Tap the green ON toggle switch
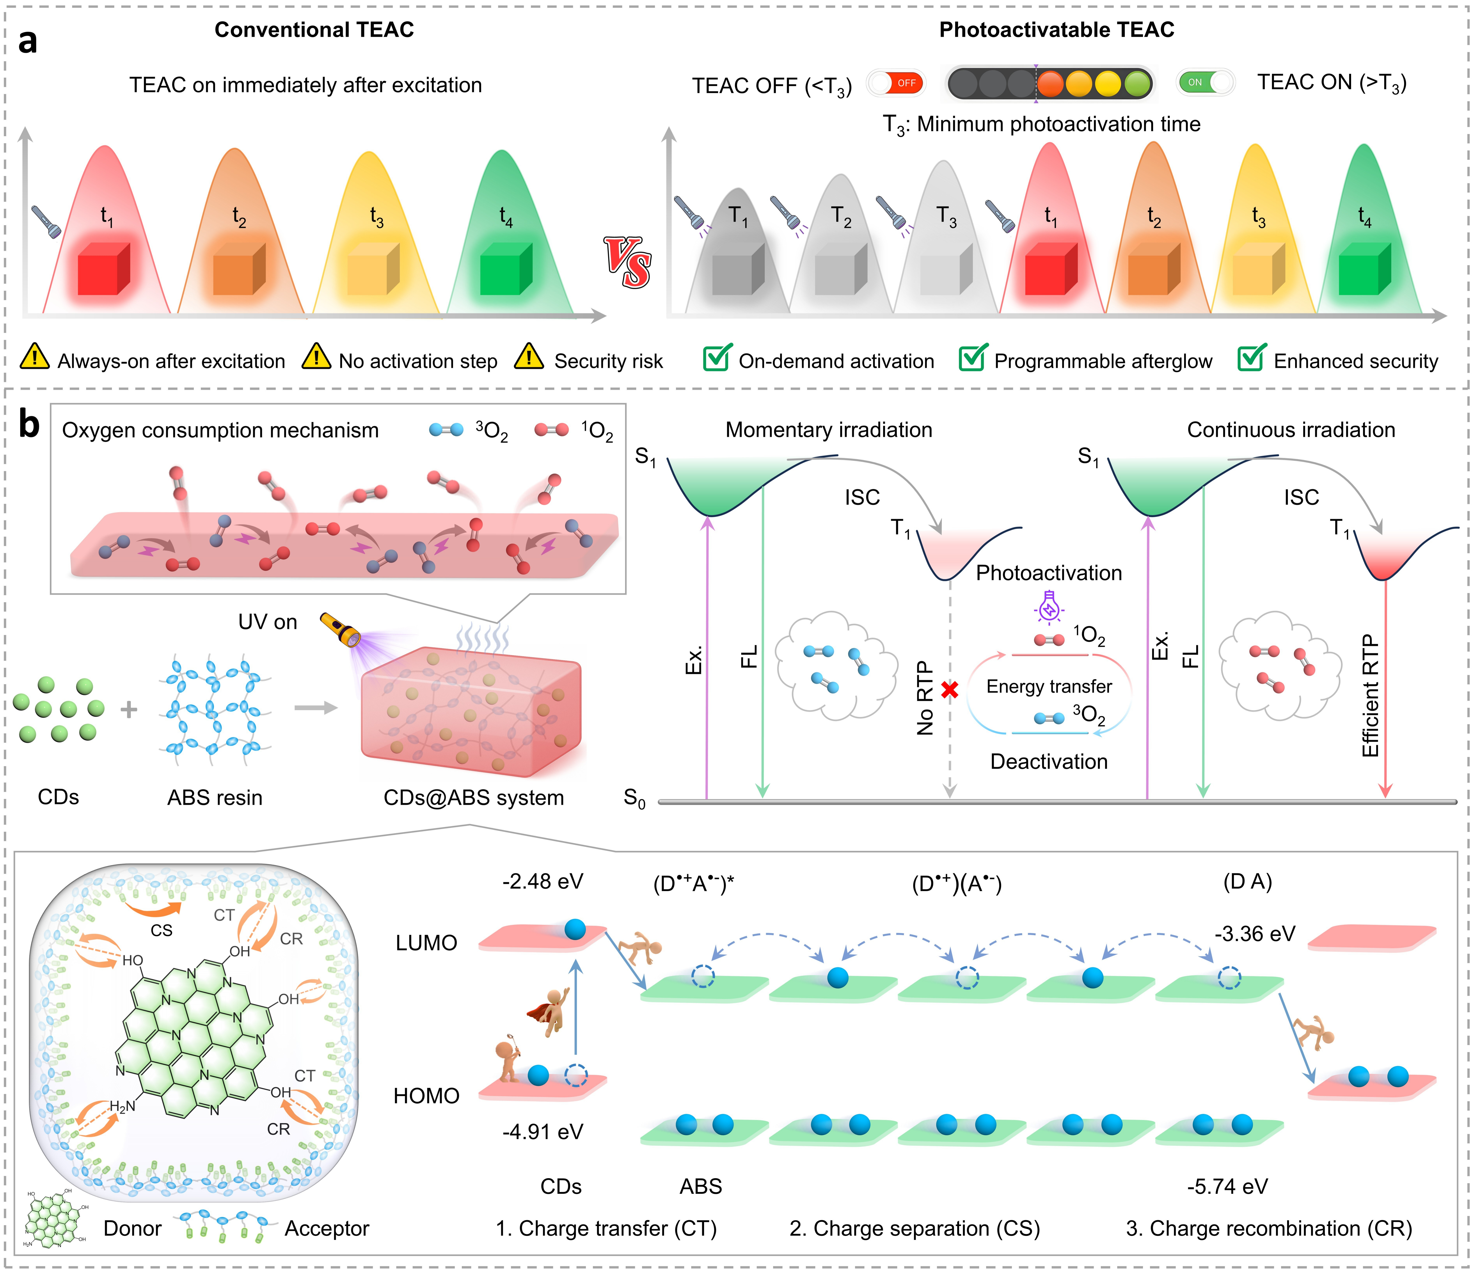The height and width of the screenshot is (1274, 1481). pos(1206,82)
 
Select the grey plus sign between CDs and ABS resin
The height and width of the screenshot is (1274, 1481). pos(129,710)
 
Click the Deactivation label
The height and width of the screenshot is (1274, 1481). pos(1049,761)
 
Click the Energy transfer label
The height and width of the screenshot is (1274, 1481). pos(1049,686)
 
